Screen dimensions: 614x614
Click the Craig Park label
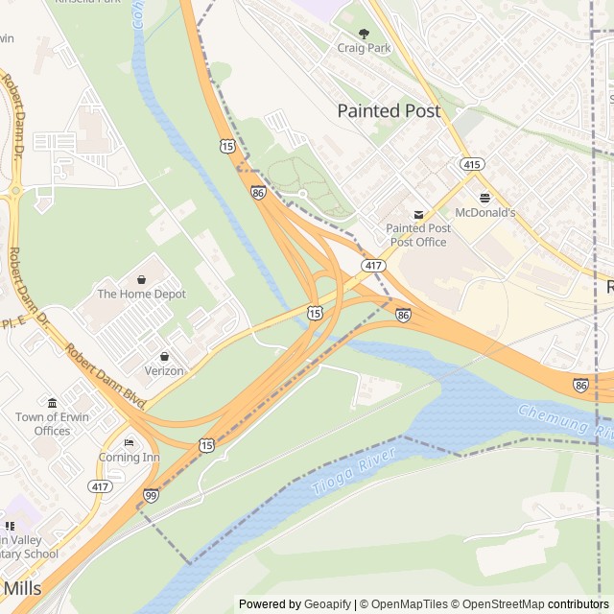point(364,48)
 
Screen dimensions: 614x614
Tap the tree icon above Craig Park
point(364,34)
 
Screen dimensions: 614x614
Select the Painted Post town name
point(389,111)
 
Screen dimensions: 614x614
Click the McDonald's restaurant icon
point(484,197)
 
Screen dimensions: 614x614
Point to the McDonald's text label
point(484,212)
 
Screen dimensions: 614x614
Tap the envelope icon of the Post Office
point(417,214)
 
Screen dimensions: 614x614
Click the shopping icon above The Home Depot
point(141,279)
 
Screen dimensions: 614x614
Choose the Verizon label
point(164,370)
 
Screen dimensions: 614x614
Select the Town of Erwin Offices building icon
point(52,402)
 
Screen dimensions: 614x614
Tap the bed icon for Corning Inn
point(129,442)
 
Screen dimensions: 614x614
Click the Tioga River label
point(342,477)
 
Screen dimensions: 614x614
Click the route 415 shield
point(471,165)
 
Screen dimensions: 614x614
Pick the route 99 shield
point(151,494)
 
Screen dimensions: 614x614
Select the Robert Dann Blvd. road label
point(104,374)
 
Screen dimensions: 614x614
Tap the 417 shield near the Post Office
point(372,264)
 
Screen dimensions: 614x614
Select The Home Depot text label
point(141,294)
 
